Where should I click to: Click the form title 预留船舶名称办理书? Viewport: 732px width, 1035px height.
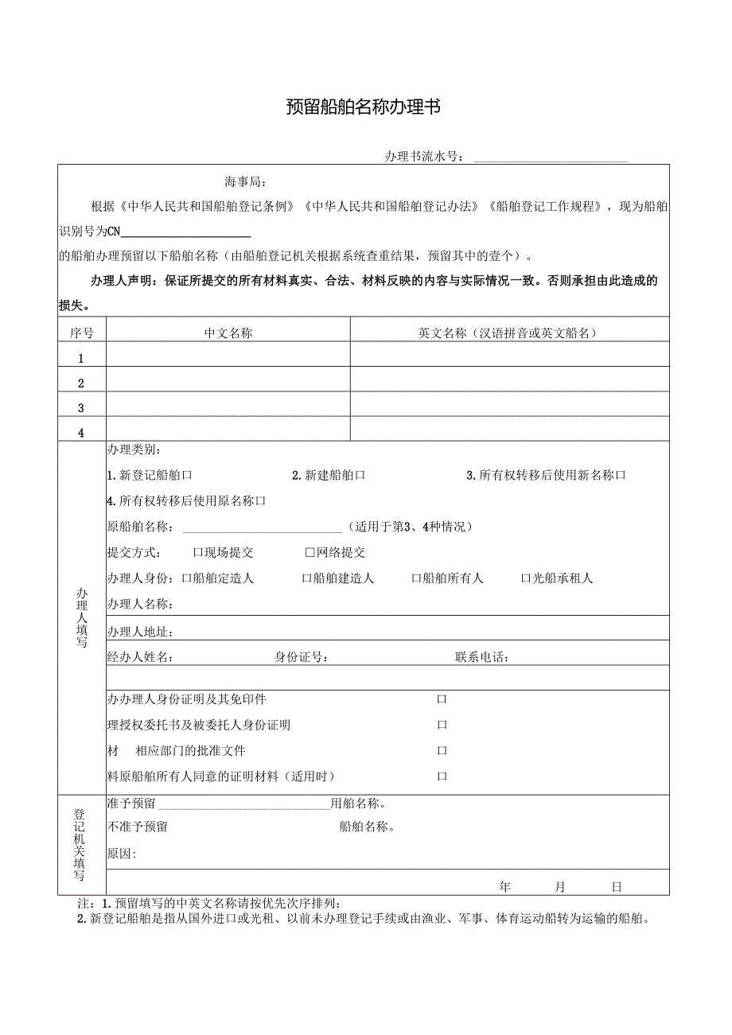tap(363, 107)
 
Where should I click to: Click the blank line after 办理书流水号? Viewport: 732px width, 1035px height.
tap(551, 157)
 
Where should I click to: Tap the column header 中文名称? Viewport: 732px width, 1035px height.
tap(228, 333)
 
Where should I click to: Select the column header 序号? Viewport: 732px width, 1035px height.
tap(81, 333)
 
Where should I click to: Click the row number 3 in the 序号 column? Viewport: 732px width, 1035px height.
tap(81, 408)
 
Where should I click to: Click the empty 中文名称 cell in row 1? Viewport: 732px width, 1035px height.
tap(228, 355)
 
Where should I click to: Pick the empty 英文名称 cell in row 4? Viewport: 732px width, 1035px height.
tap(509, 429)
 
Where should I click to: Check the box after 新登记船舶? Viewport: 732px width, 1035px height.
tap(188, 475)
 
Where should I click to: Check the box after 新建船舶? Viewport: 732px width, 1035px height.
tap(360, 475)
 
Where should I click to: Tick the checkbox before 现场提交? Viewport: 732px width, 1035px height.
tap(198, 552)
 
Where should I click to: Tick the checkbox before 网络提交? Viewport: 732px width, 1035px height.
tap(310, 552)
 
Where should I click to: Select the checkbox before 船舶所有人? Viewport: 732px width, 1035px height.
tap(415, 578)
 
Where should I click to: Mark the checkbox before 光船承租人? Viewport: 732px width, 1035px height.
tap(525, 578)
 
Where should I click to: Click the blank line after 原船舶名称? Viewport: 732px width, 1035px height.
tap(263, 527)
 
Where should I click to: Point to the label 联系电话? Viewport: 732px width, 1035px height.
tap(481, 657)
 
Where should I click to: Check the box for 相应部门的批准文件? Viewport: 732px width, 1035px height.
tap(442, 750)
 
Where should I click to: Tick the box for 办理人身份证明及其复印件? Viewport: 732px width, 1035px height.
tap(442, 699)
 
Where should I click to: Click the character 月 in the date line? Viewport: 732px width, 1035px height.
tap(560, 886)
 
